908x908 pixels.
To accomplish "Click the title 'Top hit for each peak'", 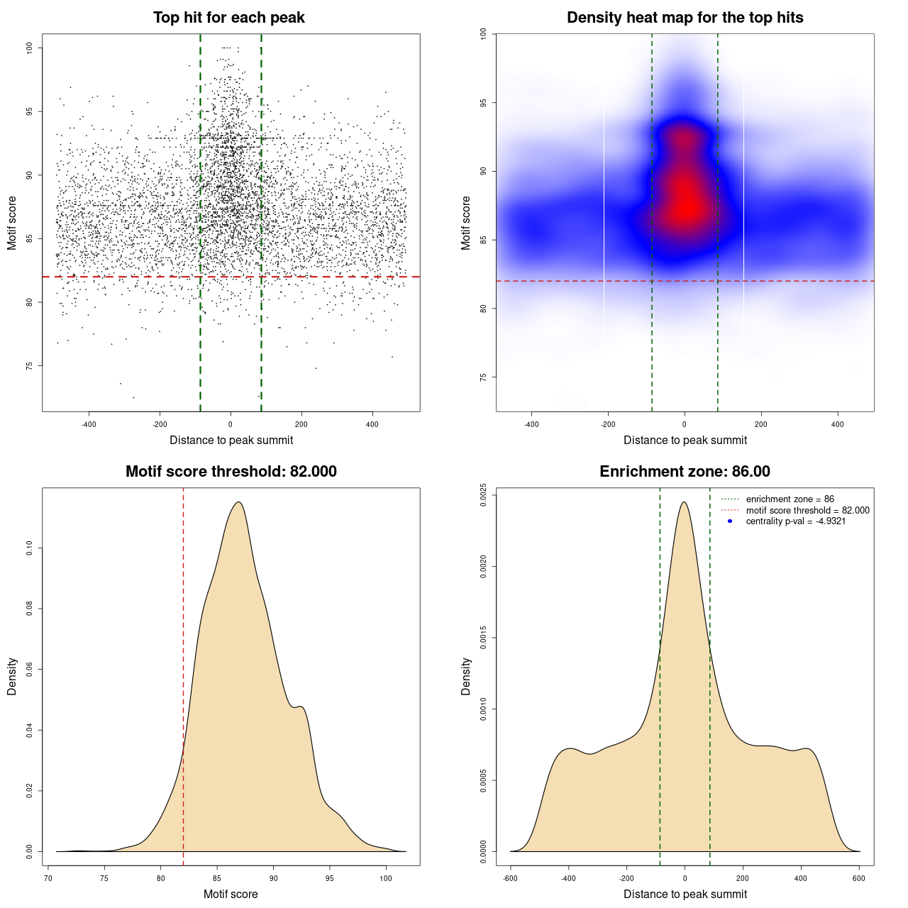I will pyautogui.click(x=228, y=18).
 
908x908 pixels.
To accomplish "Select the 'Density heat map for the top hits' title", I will pyautogui.click(x=685, y=18).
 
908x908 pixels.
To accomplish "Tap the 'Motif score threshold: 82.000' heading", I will pyautogui.click(x=231, y=472).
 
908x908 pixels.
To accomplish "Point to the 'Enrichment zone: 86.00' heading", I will pyautogui.click(x=685, y=472).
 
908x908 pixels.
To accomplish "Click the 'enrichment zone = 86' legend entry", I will pyautogui.click(x=790, y=499).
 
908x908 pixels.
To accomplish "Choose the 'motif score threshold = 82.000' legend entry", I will pyautogui.click(x=807, y=510).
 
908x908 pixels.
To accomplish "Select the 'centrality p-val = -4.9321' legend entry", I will pyautogui.click(x=795, y=521).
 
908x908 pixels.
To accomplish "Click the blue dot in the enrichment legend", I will pyautogui.click(x=730, y=521).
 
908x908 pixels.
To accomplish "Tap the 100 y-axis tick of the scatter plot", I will pyautogui.click(x=29, y=48).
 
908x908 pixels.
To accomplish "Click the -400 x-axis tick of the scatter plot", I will pyautogui.click(x=89, y=425).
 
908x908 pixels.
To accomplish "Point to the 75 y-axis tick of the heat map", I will pyautogui.click(x=483, y=377).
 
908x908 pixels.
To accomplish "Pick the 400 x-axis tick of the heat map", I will pyautogui.click(x=838, y=425).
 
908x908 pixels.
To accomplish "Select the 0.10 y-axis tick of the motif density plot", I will pyautogui.click(x=29, y=548).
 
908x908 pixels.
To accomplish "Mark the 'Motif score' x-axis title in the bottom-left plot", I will pyautogui.click(x=231, y=894).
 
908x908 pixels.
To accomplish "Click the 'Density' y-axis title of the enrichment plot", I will pyautogui.click(x=466, y=676).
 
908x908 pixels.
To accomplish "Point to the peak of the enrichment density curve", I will pyautogui.click(x=684, y=502).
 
